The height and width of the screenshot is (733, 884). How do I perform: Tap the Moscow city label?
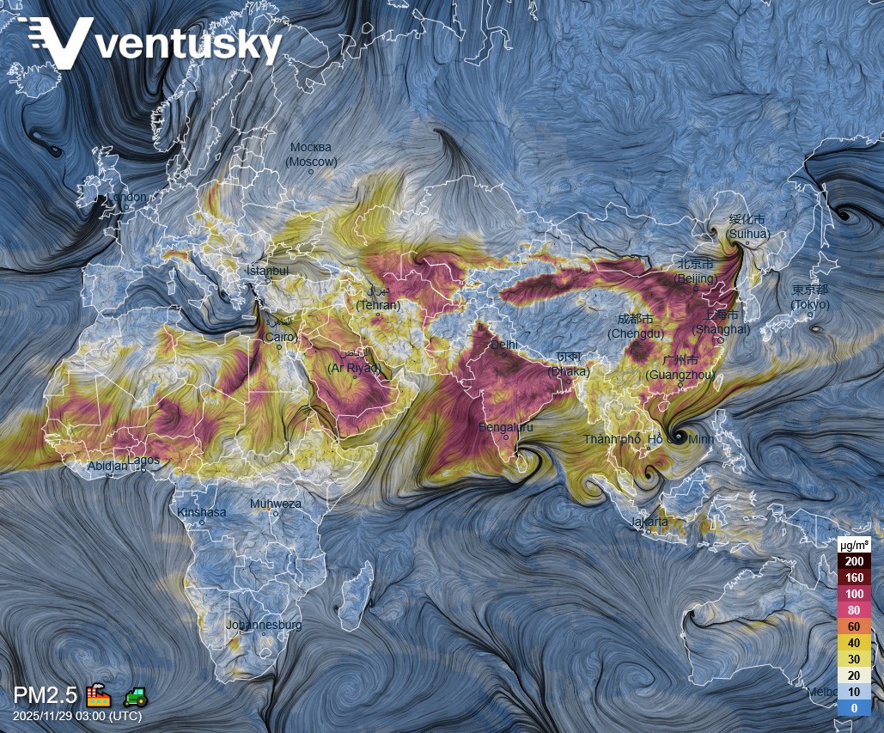[x=311, y=155]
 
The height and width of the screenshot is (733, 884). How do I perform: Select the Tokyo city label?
[x=810, y=297]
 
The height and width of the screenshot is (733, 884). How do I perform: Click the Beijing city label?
[x=697, y=271]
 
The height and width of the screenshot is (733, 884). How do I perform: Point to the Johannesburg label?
[x=264, y=625]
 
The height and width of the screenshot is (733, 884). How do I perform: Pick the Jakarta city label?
[x=649, y=522]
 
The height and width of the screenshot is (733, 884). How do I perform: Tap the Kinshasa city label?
[x=202, y=512]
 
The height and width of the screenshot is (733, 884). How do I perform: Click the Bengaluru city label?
[x=505, y=427]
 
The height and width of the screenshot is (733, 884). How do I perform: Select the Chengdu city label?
[x=636, y=326]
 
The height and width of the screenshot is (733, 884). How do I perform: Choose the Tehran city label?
[x=378, y=298]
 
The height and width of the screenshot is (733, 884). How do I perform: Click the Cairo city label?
[x=279, y=330]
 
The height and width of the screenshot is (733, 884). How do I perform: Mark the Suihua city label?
[x=747, y=227]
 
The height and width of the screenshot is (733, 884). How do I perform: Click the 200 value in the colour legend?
[x=854, y=561]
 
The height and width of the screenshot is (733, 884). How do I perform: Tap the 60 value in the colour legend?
[x=854, y=626]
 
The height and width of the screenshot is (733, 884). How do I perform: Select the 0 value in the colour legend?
[x=854, y=707]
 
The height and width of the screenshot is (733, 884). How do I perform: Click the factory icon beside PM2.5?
[x=97, y=694]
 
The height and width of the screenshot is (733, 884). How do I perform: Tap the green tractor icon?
[x=134, y=694]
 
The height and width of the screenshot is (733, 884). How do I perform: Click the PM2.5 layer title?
[x=45, y=694]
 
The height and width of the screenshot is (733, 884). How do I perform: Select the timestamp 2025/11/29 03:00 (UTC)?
[x=77, y=716]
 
